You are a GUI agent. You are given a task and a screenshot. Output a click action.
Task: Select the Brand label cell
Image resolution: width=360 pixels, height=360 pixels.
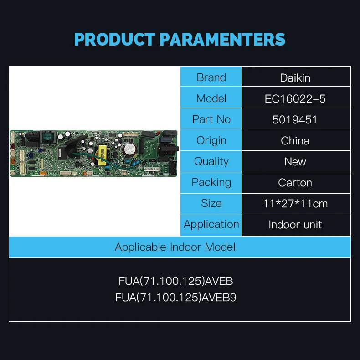(211, 77)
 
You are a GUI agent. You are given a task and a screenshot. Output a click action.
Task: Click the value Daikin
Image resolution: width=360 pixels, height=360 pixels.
(295, 77)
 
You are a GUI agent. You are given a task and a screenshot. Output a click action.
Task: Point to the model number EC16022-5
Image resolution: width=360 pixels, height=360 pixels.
(295, 98)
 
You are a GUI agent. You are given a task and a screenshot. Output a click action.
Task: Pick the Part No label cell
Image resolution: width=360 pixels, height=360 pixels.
(211, 119)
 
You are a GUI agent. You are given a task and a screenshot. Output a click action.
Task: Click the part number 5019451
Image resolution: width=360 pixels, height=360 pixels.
(295, 119)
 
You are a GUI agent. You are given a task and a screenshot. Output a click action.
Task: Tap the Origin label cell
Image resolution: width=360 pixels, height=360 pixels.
(211, 140)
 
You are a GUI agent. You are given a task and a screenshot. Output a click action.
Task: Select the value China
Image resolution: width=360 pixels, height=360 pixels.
(295, 140)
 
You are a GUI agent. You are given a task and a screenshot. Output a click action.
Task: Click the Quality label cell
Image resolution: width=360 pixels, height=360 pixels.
(211, 161)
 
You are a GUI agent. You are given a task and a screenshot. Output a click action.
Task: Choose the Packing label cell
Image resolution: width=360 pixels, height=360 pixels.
(211, 182)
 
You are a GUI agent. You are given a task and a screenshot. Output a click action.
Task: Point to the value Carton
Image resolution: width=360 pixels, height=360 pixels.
(295, 183)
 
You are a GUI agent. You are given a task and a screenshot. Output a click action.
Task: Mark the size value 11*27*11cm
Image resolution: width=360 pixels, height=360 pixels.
(295, 204)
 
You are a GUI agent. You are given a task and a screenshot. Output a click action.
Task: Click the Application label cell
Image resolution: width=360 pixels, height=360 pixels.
(211, 224)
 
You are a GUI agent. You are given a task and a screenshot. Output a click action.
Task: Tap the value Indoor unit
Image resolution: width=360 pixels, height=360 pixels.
(295, 225)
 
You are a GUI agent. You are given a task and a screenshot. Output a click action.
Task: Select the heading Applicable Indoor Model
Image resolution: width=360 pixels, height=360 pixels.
(175, 247)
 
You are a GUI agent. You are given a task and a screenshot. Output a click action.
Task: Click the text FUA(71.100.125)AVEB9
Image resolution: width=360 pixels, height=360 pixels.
(176, 298)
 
